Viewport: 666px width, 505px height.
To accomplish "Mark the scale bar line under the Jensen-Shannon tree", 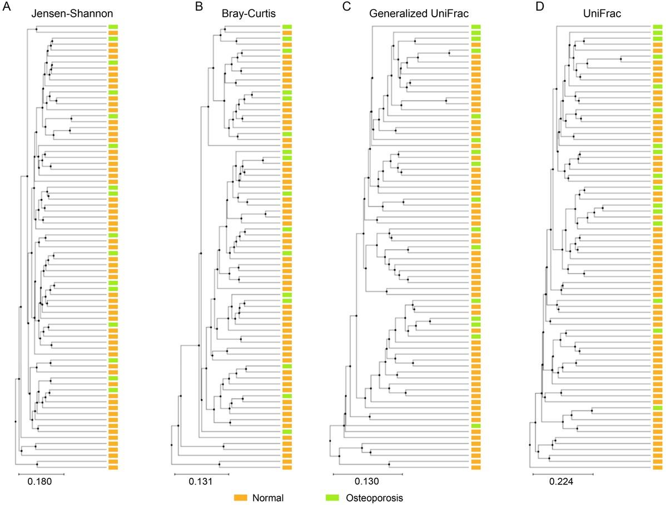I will (41, 474).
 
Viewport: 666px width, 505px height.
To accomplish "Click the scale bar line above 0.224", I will (563, 474).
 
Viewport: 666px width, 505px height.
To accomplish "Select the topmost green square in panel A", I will (113, 27).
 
